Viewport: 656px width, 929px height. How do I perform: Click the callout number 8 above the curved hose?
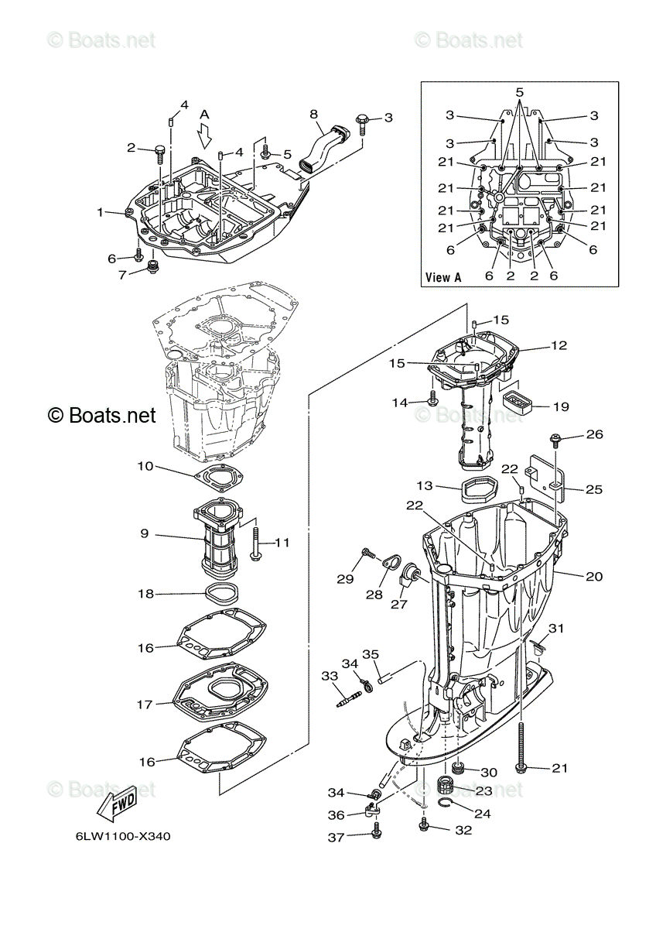pos(314,114)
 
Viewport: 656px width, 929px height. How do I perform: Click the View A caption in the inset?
pos(443,276)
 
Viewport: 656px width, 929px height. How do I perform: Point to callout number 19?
pos(561,406)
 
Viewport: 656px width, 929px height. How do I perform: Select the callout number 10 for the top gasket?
pos(145,466)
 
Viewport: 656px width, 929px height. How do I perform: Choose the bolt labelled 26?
pos(555,441)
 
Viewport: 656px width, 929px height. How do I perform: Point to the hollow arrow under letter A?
pos(204,135)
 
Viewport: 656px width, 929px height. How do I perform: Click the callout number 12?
pos(559,345)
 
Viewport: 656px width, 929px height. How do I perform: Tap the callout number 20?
pos(594,576)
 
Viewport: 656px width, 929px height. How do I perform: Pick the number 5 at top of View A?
pos(520,91)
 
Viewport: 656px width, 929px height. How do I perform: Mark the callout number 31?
pos(556,629)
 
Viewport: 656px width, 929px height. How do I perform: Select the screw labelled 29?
pos(368,552)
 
